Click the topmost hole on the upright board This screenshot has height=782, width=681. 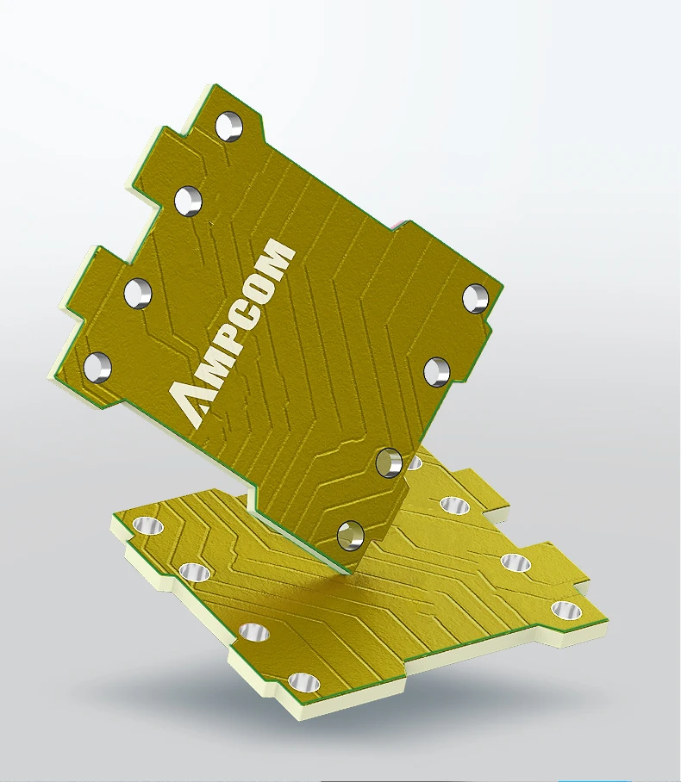[x=228, y=127]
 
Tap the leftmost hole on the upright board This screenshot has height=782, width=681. [x=97, y=368]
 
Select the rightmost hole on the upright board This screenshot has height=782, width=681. [x=475, y=298]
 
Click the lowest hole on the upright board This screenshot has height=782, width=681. [x=350, y=536]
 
